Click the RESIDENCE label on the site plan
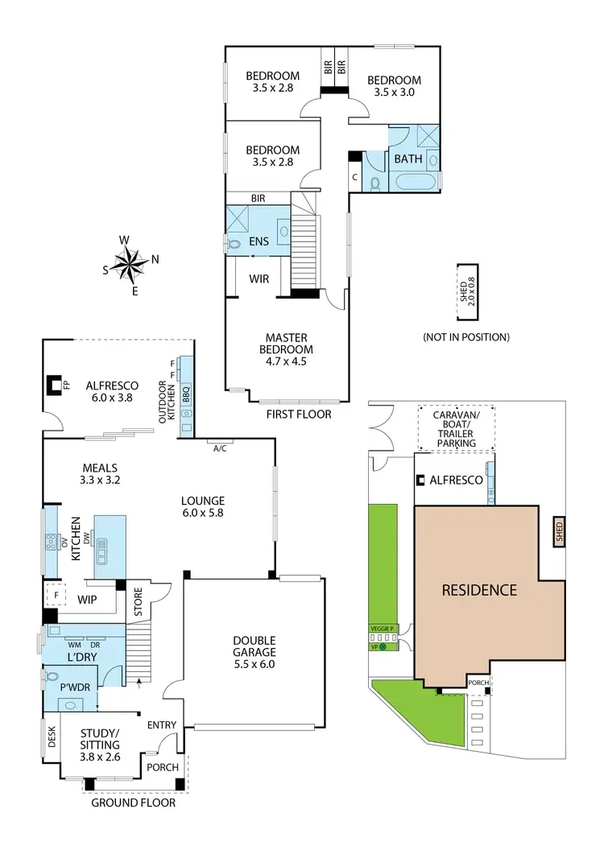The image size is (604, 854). [x=478, y=590]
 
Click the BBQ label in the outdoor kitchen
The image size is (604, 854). [x=185, y=395]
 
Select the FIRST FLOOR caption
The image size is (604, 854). [x=299, y=415]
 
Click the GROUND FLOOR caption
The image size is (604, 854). [x=133, y=802]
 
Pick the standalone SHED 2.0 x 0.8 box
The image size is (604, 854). [x=466, y=283]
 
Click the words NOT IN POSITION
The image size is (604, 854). [x=466, y=336]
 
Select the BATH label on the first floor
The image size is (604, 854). [x=408, y=159]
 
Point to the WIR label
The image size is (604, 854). [x=259, y=278]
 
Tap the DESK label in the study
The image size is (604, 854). [x=52, y=739]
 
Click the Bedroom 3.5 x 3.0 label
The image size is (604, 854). [x=395, y=86]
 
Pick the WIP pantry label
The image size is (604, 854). [x=88, y=600]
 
